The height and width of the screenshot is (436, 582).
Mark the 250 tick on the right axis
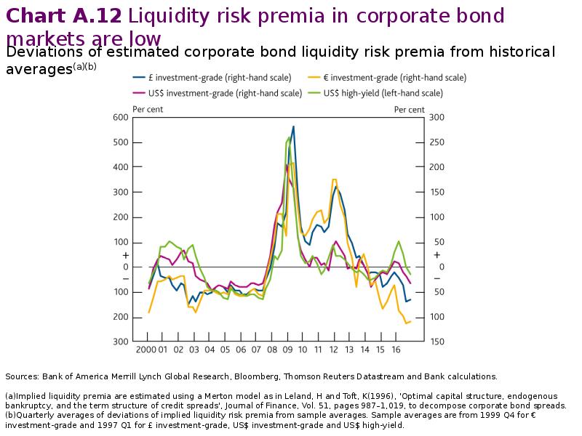point(437,142)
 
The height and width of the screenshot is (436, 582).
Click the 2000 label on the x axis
point(148,350)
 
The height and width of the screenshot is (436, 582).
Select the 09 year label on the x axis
point(287,350)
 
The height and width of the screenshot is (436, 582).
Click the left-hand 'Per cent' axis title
point(148,109)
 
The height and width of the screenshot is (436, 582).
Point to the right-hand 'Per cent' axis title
point(410,109)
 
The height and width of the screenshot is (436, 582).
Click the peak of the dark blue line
point(293,127)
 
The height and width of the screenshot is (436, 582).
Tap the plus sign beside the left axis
point(125,256)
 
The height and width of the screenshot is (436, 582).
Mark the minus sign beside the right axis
point(436,279)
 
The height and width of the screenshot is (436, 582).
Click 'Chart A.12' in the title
point(65,15)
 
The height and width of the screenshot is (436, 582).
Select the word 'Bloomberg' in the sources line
point(258,376)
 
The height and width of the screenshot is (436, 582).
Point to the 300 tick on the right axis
point(437,117)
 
